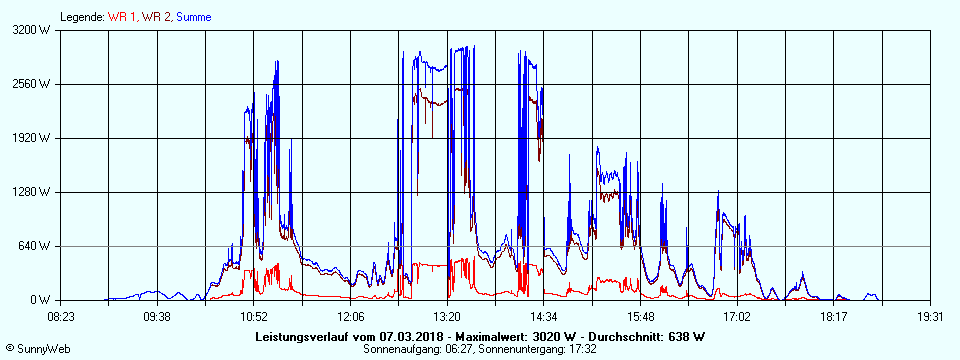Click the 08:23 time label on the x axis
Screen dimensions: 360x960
tap(61, 316)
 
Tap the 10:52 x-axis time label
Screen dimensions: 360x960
tap(254, 316)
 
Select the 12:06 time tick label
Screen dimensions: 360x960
tap(351, 316)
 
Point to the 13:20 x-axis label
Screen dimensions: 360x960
tap(447, 316)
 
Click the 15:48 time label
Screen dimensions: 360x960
tap(640, 316)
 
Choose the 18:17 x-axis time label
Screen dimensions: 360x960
tap(833, 316)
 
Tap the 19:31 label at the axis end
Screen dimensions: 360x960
tap(930, 316)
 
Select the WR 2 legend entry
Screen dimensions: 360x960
tap(157, 17)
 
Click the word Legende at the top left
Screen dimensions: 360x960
tap(80, 17)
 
